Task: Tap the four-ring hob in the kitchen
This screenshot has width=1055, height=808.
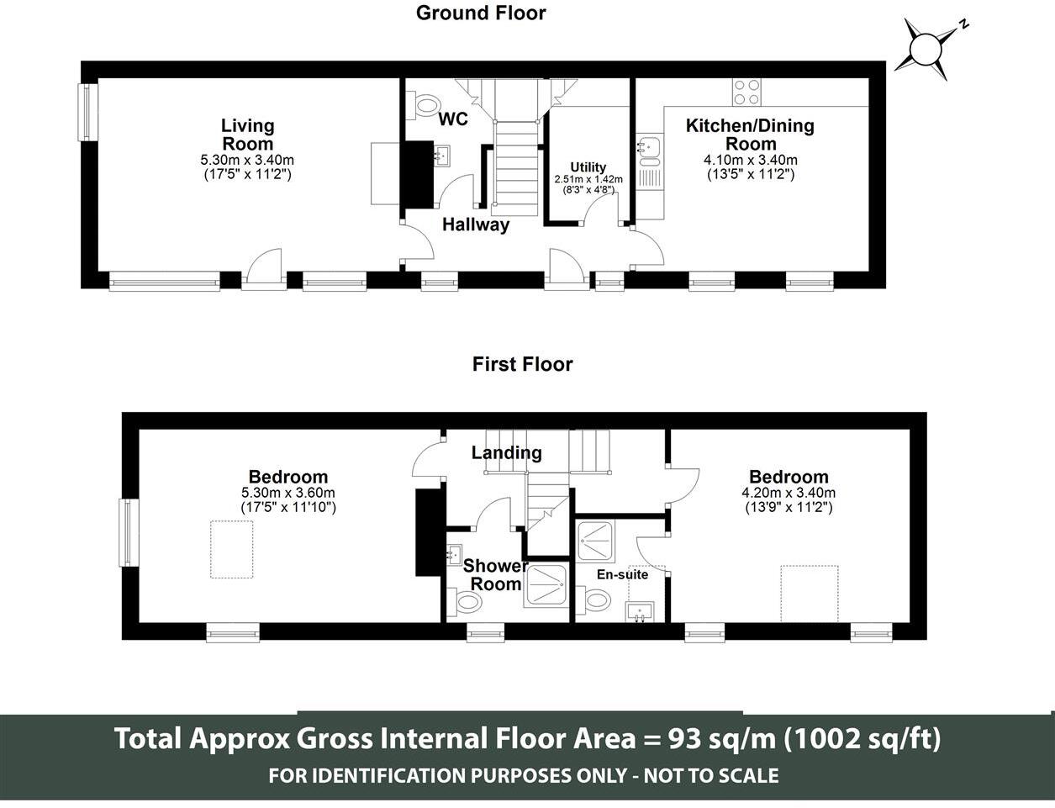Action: coord(746,92)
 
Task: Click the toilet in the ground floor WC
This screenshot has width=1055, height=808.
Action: coord(424,105)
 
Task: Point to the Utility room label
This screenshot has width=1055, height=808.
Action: coord(588,167)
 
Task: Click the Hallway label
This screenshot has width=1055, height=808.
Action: coord(476,224)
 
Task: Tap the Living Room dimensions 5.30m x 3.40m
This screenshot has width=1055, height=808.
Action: coord(247,160)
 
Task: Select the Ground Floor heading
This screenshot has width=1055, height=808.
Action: coord(481,13)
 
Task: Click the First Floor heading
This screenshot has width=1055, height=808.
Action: coord(522,364)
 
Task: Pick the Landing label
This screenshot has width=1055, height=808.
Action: coord(506,452)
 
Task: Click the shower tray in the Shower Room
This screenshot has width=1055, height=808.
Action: coord(546,585)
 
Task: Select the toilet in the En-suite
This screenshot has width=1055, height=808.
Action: coord(593,600)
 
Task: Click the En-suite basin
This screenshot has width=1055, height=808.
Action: coord(641,611)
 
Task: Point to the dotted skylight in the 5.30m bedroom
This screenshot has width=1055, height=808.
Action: coord(231,549)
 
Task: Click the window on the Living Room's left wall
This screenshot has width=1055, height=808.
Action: coord(87,112)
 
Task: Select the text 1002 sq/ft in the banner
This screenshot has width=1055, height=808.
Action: coord(862,738)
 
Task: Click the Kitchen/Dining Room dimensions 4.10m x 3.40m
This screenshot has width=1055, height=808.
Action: coord(751,160)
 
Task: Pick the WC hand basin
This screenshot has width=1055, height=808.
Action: coord(443,156)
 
